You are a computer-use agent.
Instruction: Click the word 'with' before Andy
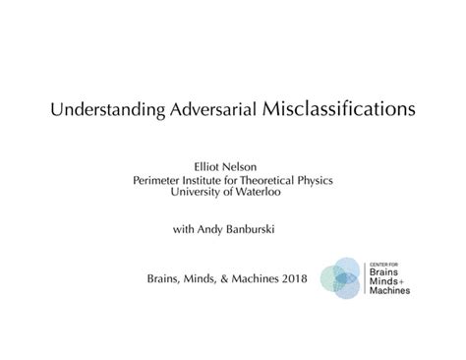tap(184, 230)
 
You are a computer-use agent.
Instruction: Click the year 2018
tap(289, 280)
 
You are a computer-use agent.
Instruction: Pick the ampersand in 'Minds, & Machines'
tap(221, 280)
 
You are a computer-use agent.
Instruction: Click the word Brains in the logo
tap(387, 274)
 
